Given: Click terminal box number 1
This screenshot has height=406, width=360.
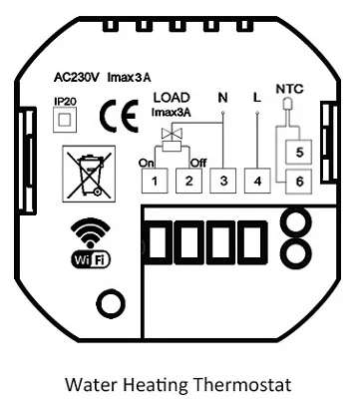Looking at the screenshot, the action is click(x=156, y=182).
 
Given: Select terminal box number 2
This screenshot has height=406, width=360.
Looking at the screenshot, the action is click(x=186, y=182).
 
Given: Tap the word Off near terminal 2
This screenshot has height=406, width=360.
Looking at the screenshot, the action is click(x=197, y=162).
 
